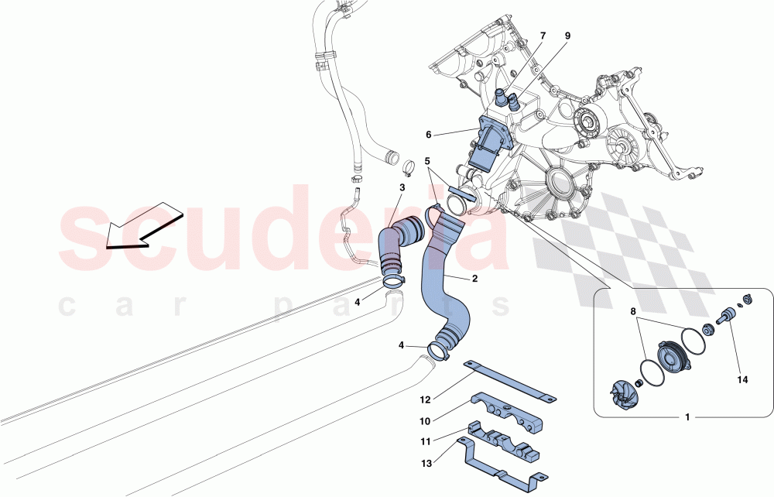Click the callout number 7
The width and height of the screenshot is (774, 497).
543,36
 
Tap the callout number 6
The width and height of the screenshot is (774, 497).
428,135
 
